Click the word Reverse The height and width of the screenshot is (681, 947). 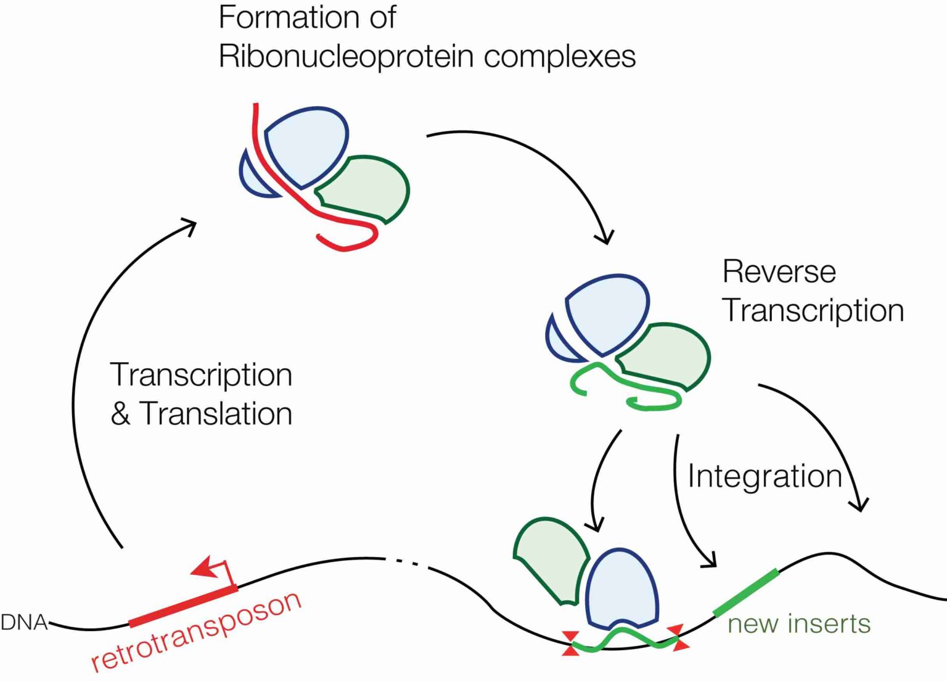[x=779, y=271]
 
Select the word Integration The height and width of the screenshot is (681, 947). [x=765, y=476]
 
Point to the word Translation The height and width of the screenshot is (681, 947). [x=215, y=413]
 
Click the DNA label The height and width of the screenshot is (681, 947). [x=23, y=623]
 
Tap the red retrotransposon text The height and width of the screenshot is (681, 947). [x=196, y=630]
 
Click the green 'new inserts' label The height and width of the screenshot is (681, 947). [x=798, y=624]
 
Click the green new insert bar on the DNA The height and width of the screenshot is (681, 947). [x=746, y=592]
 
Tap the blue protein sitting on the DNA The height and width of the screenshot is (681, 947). [x=621, y=588]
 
